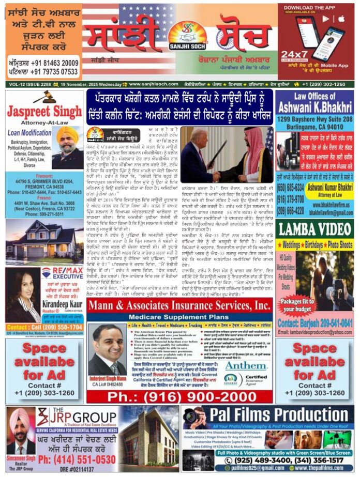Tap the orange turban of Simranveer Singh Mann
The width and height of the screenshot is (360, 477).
[21, 418]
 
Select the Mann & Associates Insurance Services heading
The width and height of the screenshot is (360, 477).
[179, 304]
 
